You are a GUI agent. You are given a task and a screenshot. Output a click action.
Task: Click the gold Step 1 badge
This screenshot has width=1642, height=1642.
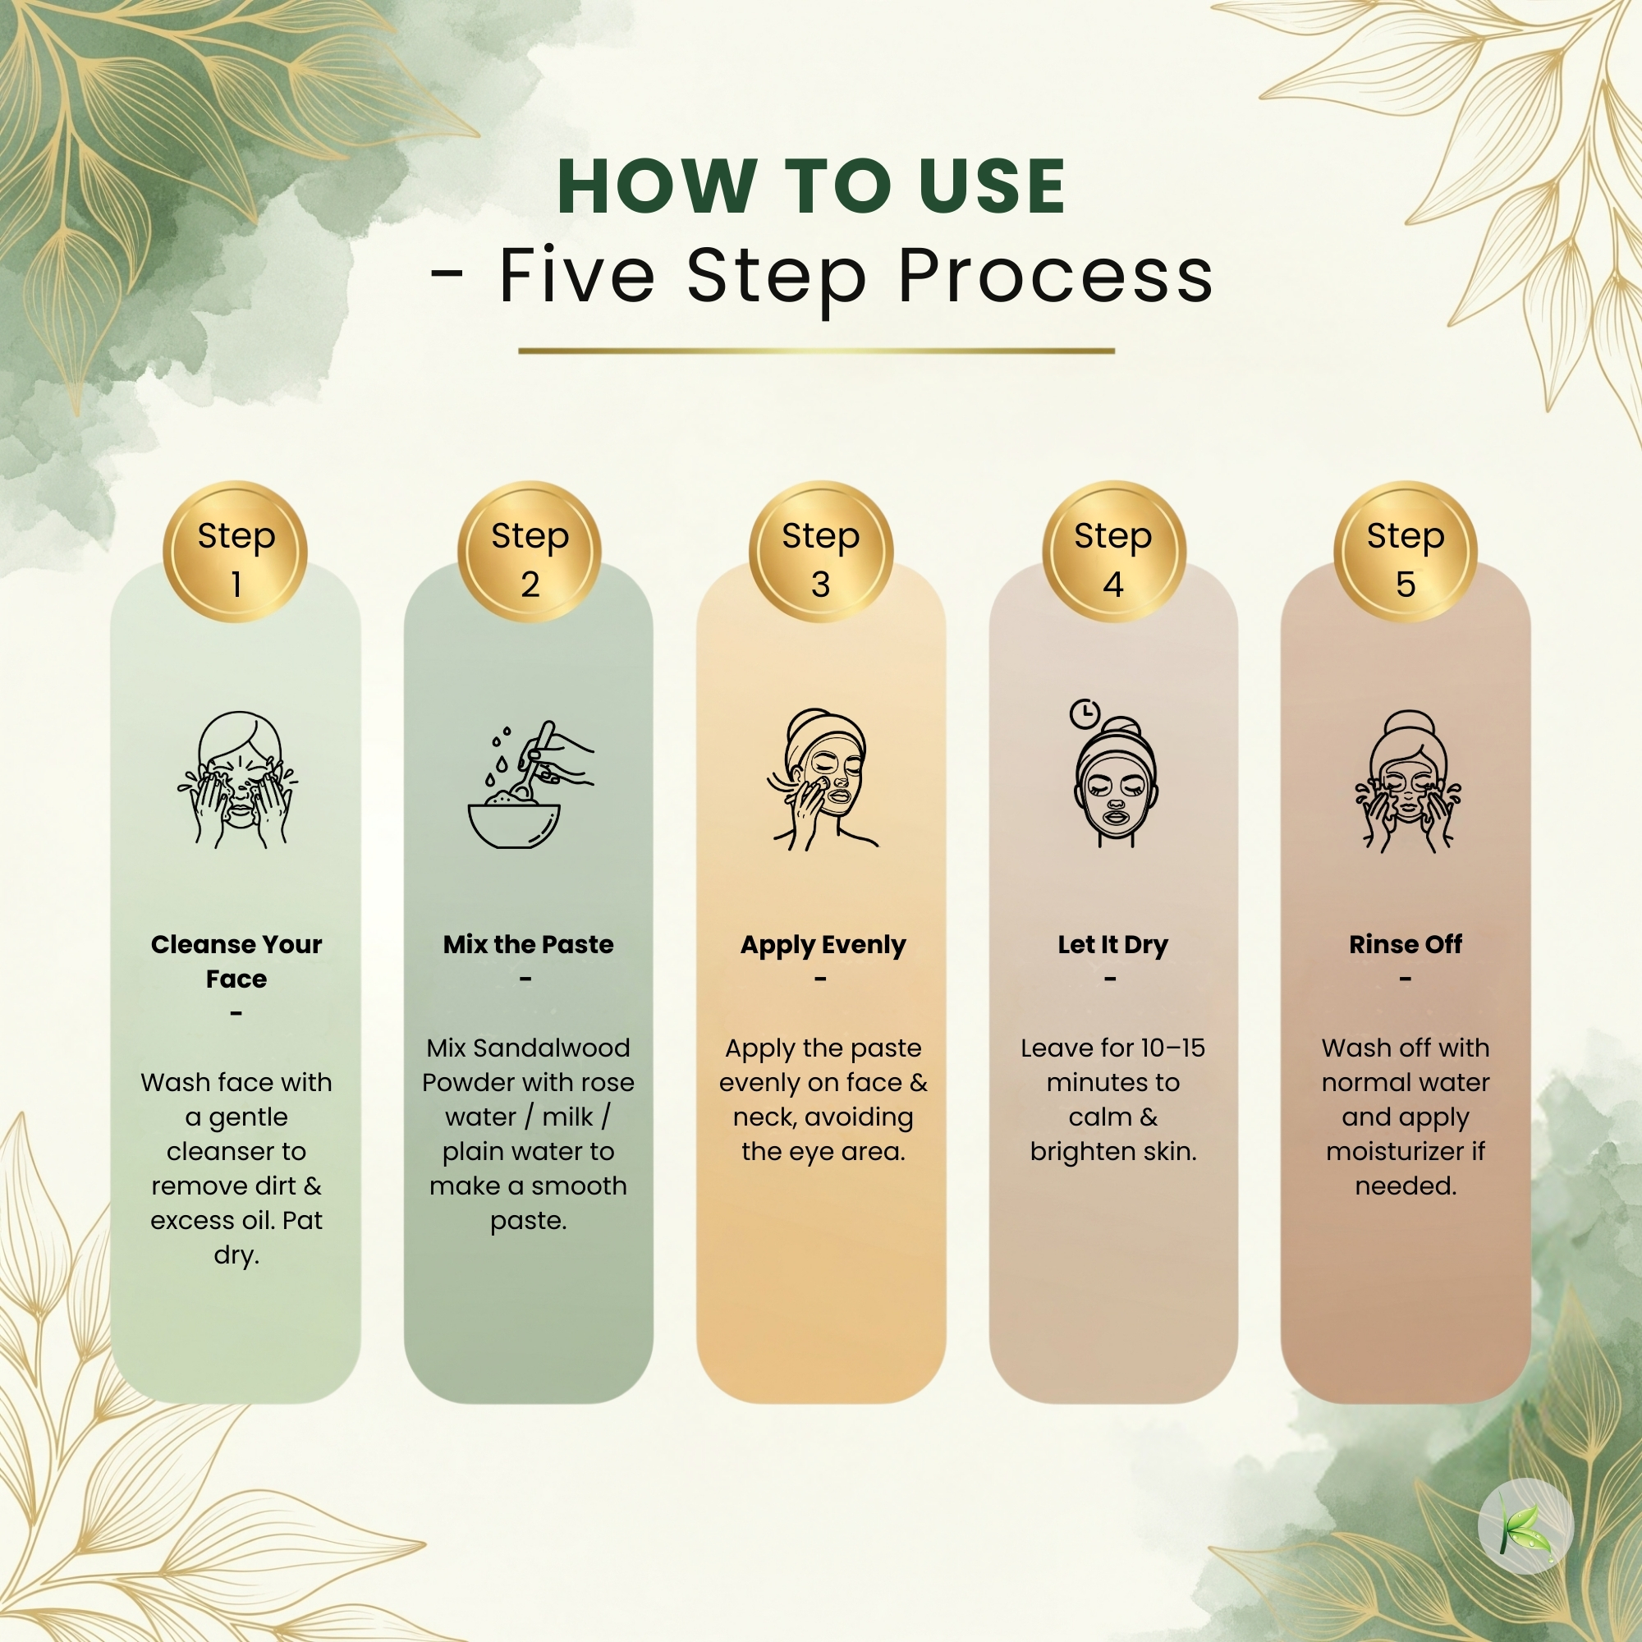[x=235, y=553]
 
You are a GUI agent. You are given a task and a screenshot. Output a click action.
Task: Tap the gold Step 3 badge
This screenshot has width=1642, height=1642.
[x=820, y=553]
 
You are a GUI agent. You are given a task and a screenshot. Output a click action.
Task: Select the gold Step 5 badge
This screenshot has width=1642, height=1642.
[x=1405, y=553]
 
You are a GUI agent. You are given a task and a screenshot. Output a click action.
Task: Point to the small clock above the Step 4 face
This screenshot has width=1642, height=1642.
[x=1084, y=714]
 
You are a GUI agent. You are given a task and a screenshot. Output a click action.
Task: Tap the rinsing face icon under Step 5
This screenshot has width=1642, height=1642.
[x=1407, y=781]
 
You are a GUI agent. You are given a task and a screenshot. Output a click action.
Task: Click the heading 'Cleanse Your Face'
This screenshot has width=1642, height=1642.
[x=236, y=961]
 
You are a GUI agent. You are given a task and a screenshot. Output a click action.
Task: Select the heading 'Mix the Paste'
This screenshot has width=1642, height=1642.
[x=528, y=944]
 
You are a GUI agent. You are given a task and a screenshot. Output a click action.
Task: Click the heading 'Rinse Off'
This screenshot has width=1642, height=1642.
[x=1405, y=944]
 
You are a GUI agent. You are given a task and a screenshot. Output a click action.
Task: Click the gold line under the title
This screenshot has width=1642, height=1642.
[x=816, y=351]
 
